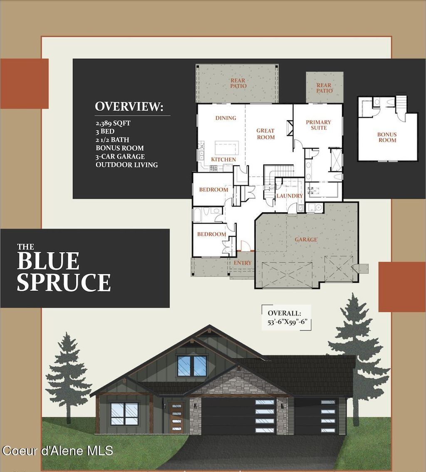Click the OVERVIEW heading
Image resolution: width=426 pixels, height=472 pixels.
(129, 107)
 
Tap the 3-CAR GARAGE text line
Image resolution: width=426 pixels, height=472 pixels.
(120, 157)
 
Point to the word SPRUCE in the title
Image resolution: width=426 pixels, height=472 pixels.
(64, 282)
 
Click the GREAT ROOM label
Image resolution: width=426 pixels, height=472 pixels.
(265, 134)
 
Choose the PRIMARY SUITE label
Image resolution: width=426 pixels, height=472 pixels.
(319, 125)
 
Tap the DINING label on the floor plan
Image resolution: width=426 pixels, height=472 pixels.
(225, 118)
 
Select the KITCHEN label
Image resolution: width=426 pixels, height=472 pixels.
(223, 159)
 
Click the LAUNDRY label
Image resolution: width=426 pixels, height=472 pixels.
(290, 196)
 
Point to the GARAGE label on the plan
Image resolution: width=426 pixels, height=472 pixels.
(306, 239)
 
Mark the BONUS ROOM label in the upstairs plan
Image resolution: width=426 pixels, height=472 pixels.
(387, 137)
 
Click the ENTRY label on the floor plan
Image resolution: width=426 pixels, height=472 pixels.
(243, 263)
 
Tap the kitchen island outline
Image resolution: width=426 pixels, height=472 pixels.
(227, 148)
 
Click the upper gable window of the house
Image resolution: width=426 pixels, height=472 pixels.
(192, 365)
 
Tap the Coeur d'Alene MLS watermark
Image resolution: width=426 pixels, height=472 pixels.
(57, 451)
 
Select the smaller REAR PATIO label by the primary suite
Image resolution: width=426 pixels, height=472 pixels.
(324, 88)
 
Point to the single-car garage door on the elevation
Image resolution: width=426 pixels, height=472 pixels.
(316, 416)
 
